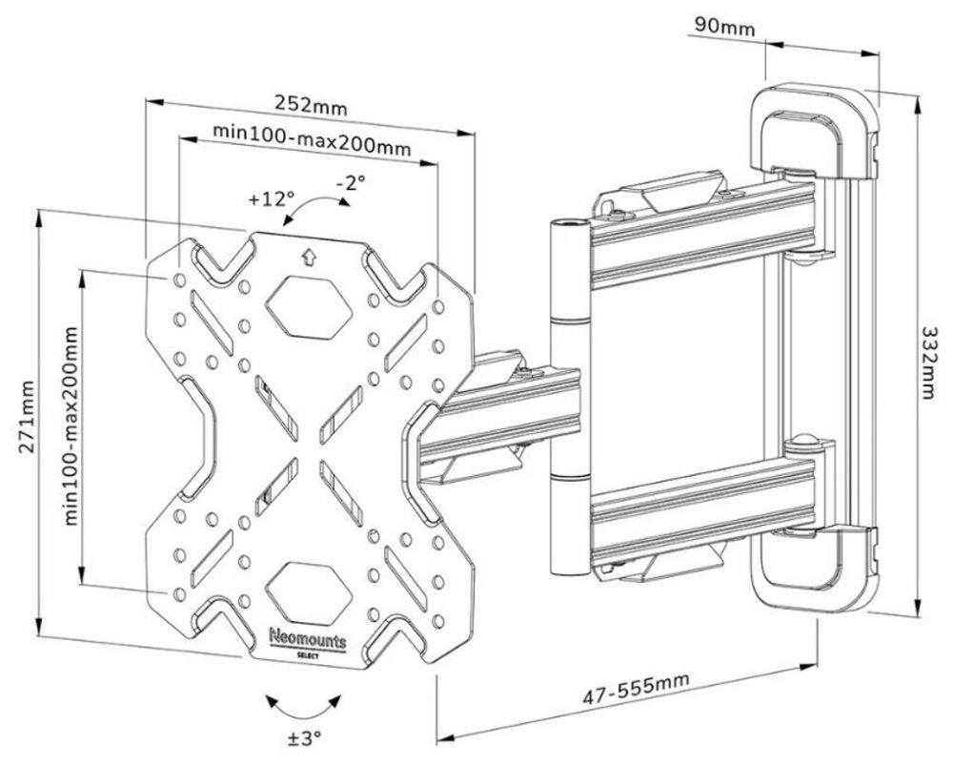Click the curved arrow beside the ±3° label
[304, 706]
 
